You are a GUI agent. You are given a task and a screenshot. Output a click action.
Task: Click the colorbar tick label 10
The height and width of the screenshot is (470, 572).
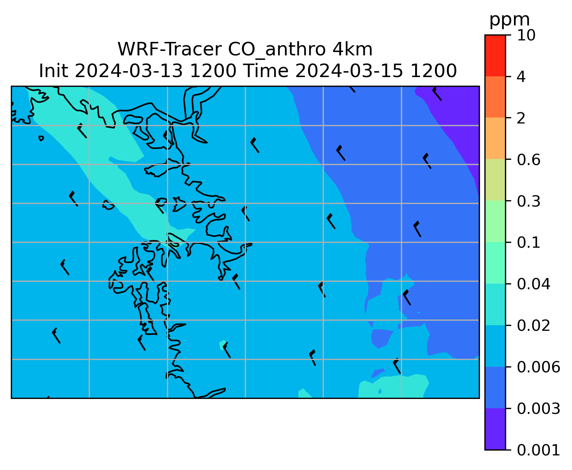click(x=526, y=35)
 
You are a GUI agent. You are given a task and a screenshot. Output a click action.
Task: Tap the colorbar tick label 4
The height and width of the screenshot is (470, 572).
click(x=521, y=77)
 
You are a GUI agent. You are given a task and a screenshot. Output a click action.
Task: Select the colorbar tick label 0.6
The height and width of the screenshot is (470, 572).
click(x=529, y=160)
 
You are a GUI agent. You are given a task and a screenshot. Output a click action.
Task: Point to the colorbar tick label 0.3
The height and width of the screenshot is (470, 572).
click(x=529, y=201)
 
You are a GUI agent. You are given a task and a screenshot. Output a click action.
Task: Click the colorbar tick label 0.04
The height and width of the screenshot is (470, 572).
click(x=533, y=284)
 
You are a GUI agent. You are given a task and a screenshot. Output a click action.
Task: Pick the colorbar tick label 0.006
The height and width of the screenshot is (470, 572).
click(x=538, y=367)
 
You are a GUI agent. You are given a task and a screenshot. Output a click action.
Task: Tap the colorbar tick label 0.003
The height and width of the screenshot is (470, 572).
click(x=538, y=409)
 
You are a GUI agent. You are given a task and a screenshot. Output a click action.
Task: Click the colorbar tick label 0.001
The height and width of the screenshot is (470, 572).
click(x=538, y=450)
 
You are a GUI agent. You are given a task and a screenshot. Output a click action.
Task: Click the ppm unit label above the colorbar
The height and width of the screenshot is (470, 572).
click(x=509, y=20)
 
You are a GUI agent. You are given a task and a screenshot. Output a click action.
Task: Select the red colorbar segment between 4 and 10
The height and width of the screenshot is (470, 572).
click(x=495, y=55)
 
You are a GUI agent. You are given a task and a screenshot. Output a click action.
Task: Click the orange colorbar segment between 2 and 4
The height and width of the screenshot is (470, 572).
click(x=495, y=97)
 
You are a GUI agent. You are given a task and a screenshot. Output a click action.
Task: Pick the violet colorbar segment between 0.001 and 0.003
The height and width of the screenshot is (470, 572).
click(x=495, y=429)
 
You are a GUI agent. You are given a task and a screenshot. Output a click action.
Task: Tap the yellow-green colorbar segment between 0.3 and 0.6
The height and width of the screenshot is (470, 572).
click(x=495, y=180)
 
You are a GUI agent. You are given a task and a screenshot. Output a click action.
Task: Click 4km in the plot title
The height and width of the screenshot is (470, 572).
click(x=353, y=49)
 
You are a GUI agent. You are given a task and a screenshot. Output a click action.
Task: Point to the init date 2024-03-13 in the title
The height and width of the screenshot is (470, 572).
click(x=128, y=71)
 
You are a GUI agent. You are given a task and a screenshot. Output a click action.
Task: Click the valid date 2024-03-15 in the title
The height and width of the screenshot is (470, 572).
click(x=349, y=71)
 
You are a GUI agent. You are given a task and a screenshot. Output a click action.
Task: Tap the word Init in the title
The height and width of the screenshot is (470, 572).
click(x=54, y=71)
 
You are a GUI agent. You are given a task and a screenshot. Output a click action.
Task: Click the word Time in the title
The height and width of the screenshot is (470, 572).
click(x=266, y=71)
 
